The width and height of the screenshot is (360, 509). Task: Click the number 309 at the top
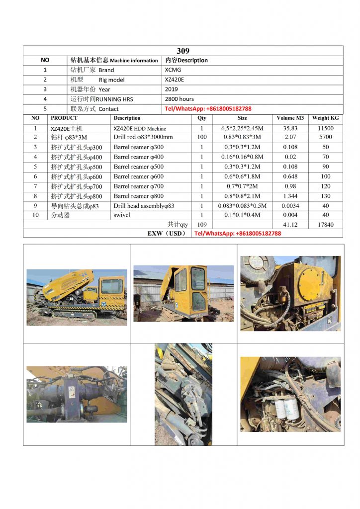(x=183, y=51)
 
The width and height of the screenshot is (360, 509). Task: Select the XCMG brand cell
(x=173, y=70)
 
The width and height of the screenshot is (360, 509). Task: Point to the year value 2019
(x=171, y=89)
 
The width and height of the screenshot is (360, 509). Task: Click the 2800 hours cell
(x=180, y=99)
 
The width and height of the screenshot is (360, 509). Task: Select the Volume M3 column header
(x=290, y=118)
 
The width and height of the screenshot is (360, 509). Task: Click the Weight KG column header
(x=325, y=118)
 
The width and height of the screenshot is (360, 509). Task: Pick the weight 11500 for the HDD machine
(x=325, y=128)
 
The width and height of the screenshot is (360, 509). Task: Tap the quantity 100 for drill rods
(x=202, y=137)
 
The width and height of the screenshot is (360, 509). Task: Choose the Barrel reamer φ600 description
(x=138, y=176)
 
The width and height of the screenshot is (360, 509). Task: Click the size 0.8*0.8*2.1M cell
(x=242, y=196)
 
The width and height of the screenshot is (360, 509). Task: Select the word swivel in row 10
(x=122, y=215)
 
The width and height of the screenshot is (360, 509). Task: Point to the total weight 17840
(x=325, y=225)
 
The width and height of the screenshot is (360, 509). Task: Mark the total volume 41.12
(x=290, y=225)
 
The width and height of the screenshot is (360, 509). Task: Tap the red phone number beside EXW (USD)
(x=238, y=233)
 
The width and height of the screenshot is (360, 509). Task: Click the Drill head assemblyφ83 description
(x=144, y=206)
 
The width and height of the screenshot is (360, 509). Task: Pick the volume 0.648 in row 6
(x=290, y=176)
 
